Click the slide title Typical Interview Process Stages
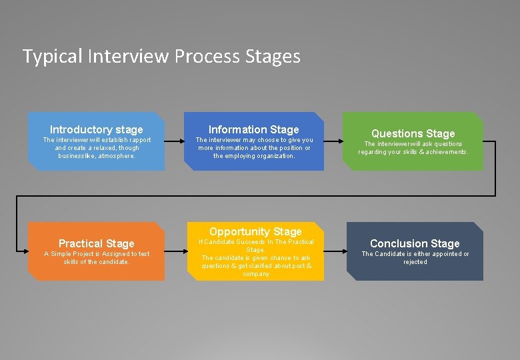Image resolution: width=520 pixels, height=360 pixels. pos(161,56)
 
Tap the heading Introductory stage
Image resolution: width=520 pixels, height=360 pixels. pos(97,129)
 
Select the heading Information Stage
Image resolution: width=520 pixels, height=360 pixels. pos(254,129)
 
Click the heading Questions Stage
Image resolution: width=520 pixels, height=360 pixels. pos(413,134)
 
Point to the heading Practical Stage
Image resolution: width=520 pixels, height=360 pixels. pos(97,243)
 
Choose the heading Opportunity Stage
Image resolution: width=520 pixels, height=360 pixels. pos(255,231)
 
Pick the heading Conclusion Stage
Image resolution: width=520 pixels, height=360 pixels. pos(415,243)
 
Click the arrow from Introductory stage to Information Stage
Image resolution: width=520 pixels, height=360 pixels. pos(174,141)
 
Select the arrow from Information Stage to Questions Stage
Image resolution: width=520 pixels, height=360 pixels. pos(333,141)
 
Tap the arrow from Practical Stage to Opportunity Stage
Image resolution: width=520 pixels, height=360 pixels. pos(174,251)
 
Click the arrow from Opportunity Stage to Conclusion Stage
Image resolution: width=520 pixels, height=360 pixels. pos(335,251)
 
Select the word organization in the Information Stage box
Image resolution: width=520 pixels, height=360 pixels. pos(274,156)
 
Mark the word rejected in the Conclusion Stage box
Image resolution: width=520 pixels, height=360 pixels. pos(415,262)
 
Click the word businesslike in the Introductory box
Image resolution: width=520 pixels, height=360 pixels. pos(77,156)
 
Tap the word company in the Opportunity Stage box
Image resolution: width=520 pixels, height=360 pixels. pos(257,274)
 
